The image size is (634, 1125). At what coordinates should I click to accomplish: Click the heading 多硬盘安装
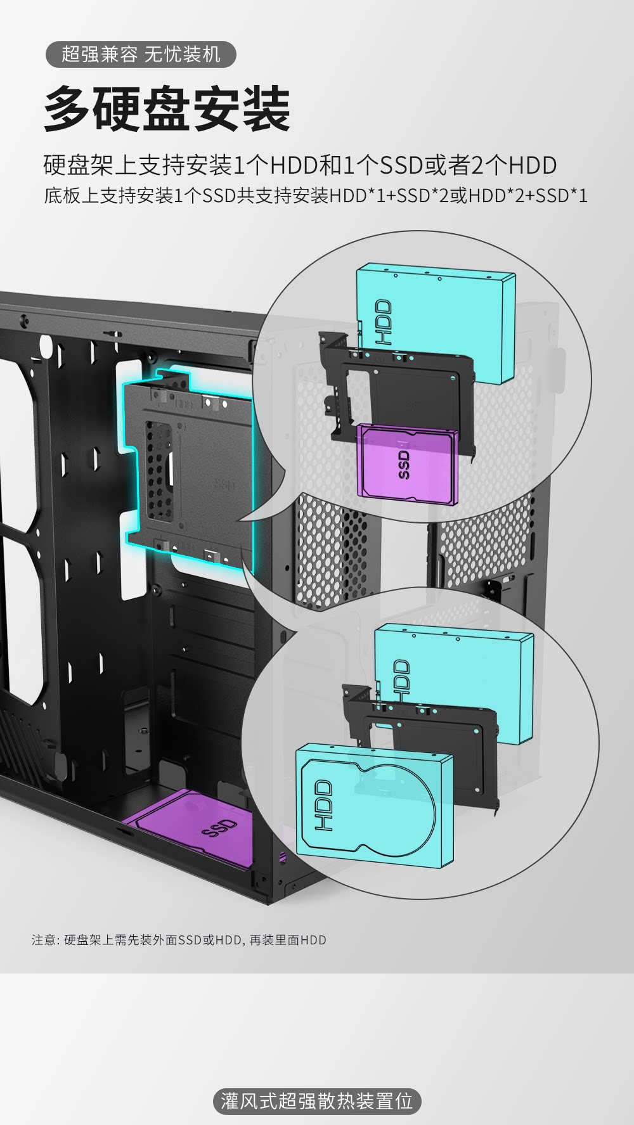pyautogui.click(x=167, y=109)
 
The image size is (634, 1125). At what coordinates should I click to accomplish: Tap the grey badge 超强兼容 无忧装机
pyautogui.click(x=141, y=55)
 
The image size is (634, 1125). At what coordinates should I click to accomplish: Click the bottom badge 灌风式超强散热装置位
pyautogui.click(x=317, y=1101)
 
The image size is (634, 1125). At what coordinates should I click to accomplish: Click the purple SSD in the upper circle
pyautogui.click(x=407, y=465)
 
